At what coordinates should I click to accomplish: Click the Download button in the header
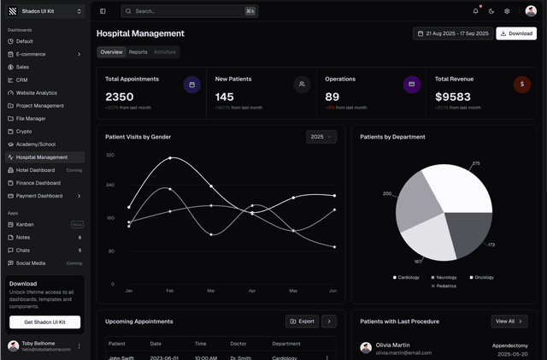[x=516, y=33]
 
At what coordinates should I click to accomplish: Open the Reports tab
[x=138, y=52]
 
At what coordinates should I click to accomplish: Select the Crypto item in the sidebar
[x=24, y=132]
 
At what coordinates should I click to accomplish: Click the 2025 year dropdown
[x=321, y=137]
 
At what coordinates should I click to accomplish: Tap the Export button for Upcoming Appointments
[x=302, y=322]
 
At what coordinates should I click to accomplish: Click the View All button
[x=509, y=322]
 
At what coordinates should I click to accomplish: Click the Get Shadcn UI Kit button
[x=44, y=322]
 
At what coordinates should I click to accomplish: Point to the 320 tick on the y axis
[x=110, y=155]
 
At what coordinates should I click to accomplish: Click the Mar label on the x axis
[x=210, y=291]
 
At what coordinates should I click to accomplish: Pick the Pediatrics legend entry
[x=443, y=286]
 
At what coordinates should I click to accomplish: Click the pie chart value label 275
[x=476, y=163]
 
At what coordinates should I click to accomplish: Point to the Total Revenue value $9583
[x=453, y=97]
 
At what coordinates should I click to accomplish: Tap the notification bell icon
[x=476, y=11]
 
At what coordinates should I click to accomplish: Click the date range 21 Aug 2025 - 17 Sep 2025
[x=452, y=33]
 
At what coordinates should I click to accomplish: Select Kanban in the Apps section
[x=25, y=224]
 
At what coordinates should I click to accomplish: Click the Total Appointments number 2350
[x=120, y=97]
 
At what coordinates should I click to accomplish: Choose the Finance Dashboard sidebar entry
[x=38, y=183]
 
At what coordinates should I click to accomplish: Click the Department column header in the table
[x=286, y=344]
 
